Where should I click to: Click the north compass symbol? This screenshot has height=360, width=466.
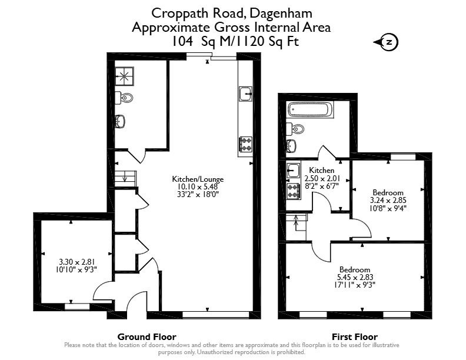point(387,42)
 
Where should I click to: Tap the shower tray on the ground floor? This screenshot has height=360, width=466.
point(125,76)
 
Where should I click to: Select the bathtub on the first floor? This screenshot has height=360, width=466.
point(311,109)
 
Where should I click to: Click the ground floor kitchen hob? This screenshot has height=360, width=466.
point(246,144)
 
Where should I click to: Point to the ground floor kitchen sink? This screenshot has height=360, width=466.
point(245,94)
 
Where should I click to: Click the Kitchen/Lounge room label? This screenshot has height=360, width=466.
point(198,179)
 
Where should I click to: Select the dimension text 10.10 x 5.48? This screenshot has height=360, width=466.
point(198,187)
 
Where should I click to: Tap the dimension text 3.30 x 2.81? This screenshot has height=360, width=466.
point(76,262)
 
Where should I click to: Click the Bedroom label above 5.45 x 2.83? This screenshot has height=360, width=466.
point(355,269)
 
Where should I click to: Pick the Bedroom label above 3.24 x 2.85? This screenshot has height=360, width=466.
point(388,192)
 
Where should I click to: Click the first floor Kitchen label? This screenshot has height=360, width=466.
point(322,170)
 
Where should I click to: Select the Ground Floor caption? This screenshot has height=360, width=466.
point(147,337)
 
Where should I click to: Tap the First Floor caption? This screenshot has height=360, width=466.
point(355,337)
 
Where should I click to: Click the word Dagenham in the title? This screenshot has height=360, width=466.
point(281,14)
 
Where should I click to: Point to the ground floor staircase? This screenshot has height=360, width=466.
point(125,179)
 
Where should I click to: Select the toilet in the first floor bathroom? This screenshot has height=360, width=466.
point(295,129)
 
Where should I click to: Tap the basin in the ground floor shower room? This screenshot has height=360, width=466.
point(120,122)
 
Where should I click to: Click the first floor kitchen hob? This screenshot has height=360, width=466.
point(293,191)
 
